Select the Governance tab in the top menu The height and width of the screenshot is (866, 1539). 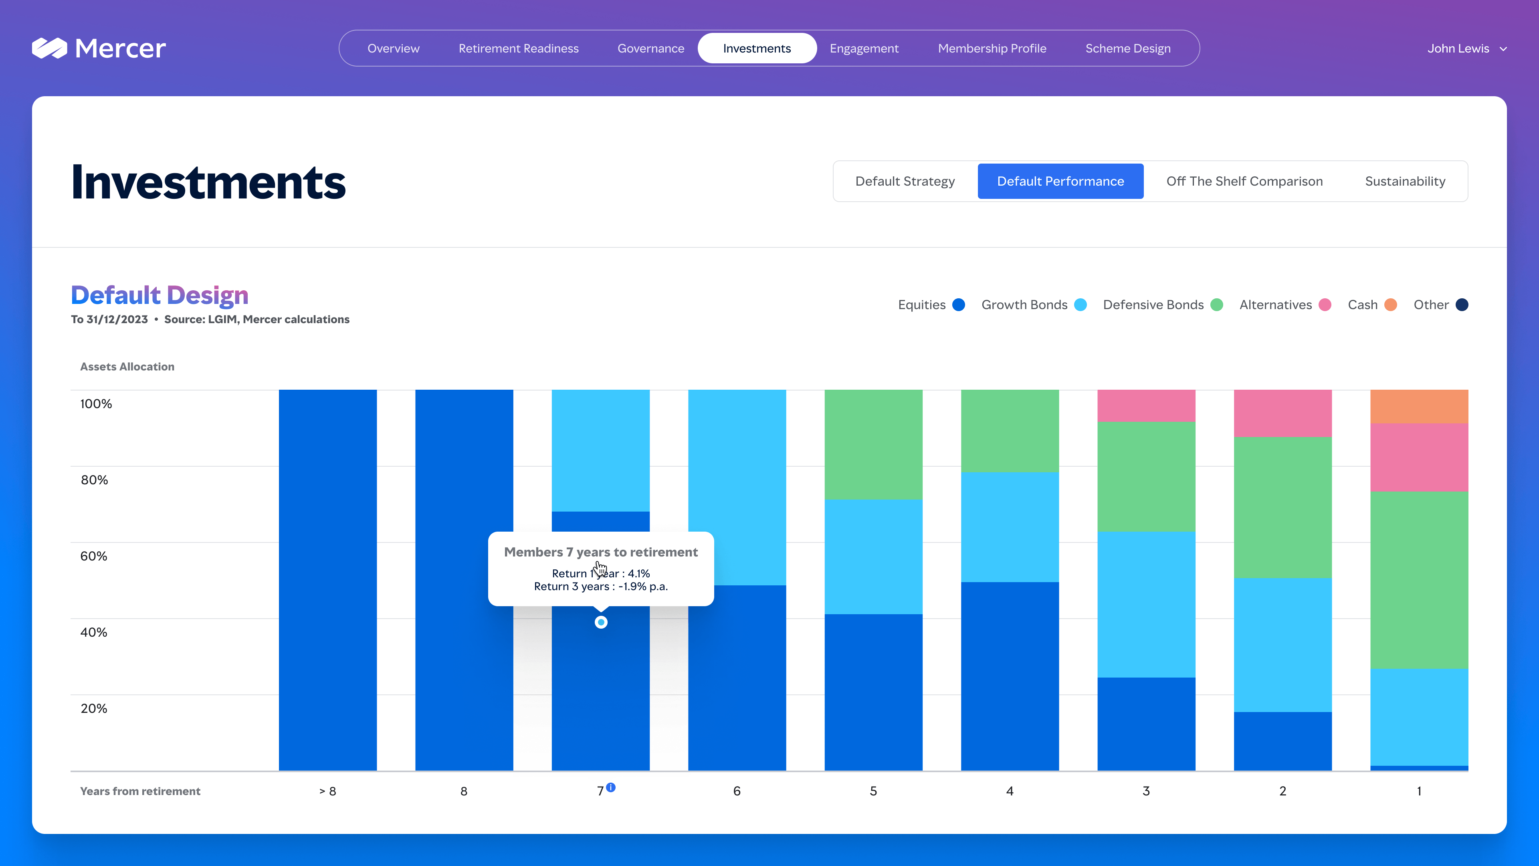[x=650, y=49]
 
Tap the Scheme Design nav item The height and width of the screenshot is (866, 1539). [x=1128, y=49]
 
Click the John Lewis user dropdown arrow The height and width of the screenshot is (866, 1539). [x=1503, y=49]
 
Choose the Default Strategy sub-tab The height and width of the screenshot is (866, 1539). [x=905, y=181]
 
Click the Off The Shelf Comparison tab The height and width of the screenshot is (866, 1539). [x=1244, y=181]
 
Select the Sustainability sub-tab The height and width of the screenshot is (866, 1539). [x=1405, y=181]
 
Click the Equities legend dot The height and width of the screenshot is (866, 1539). [x=959, y=305]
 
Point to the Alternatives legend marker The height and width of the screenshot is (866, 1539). [x=1325, y=305]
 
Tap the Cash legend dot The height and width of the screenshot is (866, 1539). [x=1391, y=305]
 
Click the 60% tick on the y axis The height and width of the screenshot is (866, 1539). [x=94, y=556]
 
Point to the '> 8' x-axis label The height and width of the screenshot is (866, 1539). [x=327, y=791]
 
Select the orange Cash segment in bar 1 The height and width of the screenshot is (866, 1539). [x=1419, y=407]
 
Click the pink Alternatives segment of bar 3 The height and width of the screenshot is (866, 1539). [x=1146, y=406]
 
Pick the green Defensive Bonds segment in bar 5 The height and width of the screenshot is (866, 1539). [x=873, y=444]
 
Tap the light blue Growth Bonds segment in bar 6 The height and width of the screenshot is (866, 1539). [x=737, y=487]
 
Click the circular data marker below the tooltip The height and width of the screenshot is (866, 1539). [x=601, y=622]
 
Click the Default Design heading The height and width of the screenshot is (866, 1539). [x=160, y=295]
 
